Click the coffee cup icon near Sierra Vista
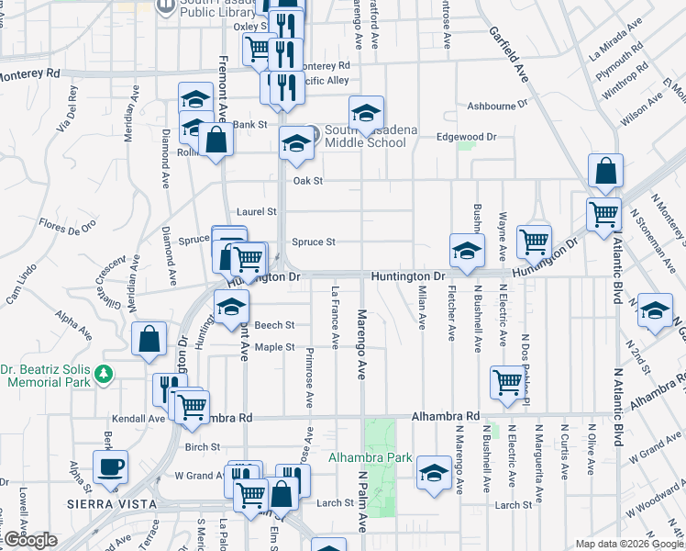click(111, 467)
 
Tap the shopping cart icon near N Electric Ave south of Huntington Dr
click(507, 381)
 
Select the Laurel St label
click(256, 211)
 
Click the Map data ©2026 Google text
click(628, 544)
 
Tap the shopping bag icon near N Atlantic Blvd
click(606, 171)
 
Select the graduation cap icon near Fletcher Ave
click(467, 250)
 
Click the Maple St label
click(274, 347)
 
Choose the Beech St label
click(274, 325)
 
